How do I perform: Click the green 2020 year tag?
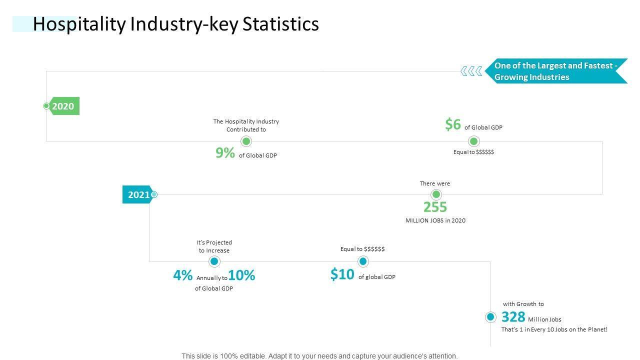[x=63, y=106]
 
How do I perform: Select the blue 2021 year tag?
[x=137, y=194]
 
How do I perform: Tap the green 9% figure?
[x=225, y=153]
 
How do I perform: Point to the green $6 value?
[x=453, y=124]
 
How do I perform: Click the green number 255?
[x=435, y=207]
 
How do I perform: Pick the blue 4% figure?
[x=183, y=275]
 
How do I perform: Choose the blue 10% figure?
[x=242, y=275]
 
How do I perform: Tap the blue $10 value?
[x=342, y=274]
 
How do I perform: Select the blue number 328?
[x=513, y=317]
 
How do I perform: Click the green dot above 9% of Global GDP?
[x=246, y=141]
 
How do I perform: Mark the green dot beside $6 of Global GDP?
[x=474, y=141]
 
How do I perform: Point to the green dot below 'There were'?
[x=436, y=194]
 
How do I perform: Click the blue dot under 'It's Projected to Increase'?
[x=214, y=261]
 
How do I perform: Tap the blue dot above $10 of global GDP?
[x=363, y=261]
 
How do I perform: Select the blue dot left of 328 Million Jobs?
[x=490, y=317]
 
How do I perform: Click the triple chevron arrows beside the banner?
[x=471, y=71]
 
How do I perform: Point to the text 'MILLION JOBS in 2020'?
[x=435, y=220]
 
